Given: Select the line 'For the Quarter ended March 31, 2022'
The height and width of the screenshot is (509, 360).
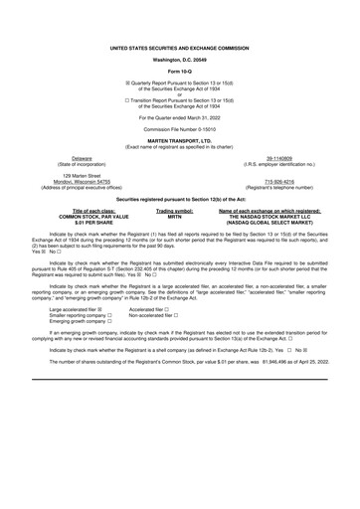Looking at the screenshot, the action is click(180, 116).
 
